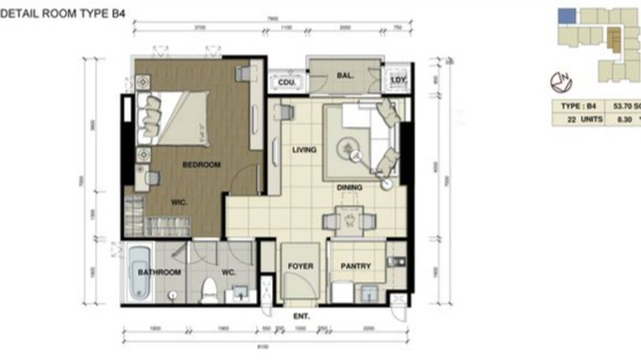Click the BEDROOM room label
[x=202, y=165]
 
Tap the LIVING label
[x=304, y=150]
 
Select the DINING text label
[x=349, y=188]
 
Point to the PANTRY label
[x=355, y=266]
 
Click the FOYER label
[x=300, y=266]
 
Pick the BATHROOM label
[x=159, y=272]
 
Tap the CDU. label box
[x=287, y=82]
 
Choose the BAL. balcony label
[x=345, y=75]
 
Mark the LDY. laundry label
[x=398, y=80]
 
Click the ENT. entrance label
[x=301, y=316]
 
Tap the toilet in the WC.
[x=209, y=289]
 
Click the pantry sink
[x=369, y=293]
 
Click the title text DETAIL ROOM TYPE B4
[x=63, y=14]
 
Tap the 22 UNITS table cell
[x=578, y=119]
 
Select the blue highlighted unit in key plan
[x=567, y=16]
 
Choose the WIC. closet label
[x=179, y=202]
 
